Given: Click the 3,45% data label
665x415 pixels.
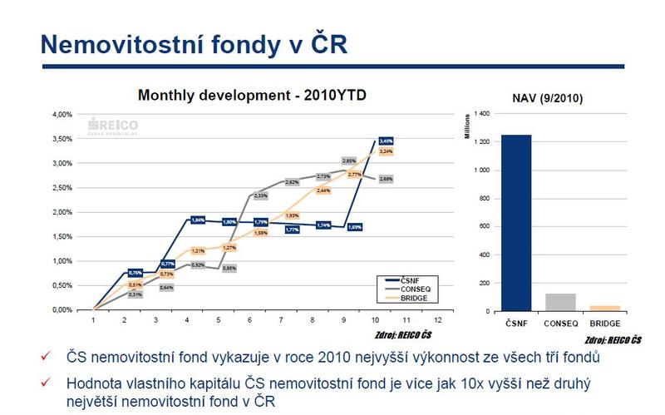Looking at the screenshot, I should [x=386, y=141].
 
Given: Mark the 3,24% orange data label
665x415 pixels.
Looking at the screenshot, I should [x=386, y=152].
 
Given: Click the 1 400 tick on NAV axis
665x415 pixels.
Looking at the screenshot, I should [x=481, y=113].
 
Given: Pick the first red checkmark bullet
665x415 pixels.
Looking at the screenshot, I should [x=48, y=358].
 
